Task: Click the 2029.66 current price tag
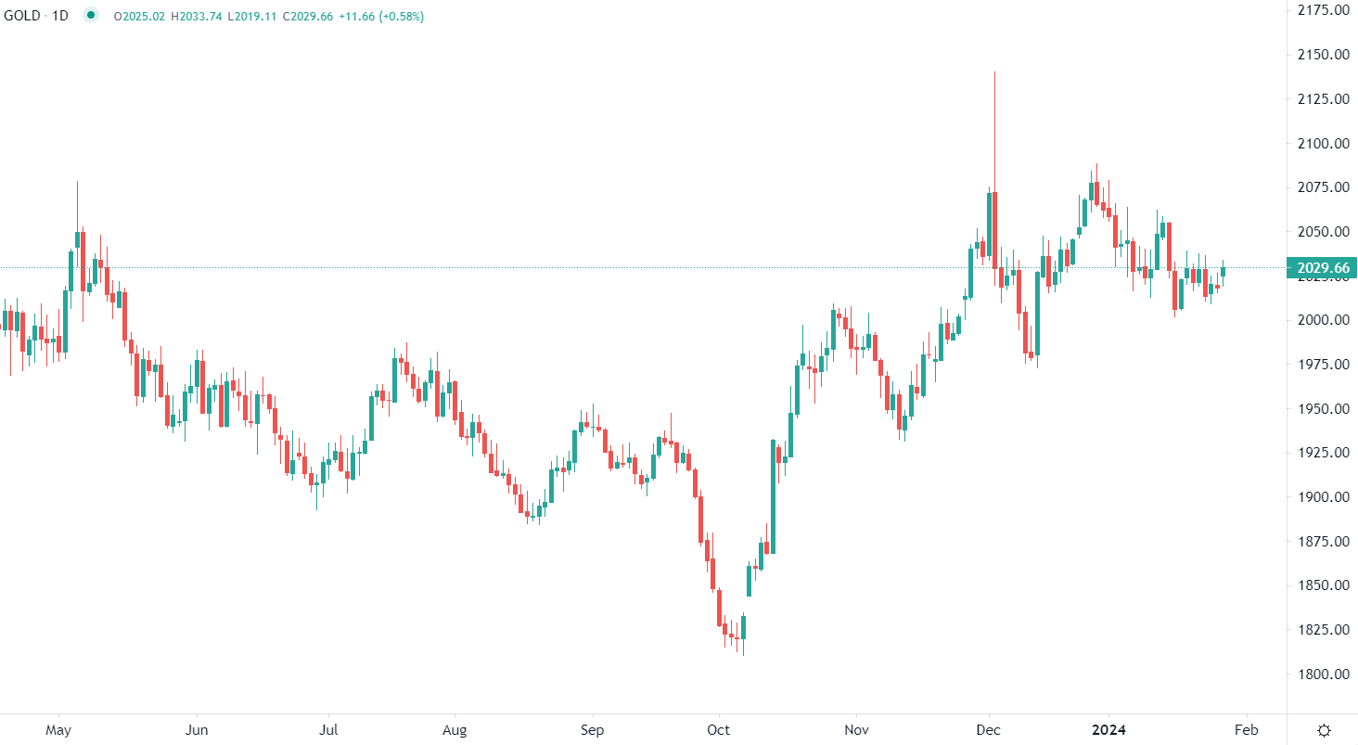coord(1324,268)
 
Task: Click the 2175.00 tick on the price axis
coord(1323,10)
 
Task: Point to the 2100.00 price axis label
coord(1323,143)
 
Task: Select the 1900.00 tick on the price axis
coord(1323,497)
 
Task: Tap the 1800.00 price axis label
coord(1323,674)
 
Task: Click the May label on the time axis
coord(58,730)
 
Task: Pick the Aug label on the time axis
coord(454,730)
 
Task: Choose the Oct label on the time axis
coord(719,730)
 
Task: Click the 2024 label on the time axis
coord(1109,730)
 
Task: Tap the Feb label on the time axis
coord(1247,730)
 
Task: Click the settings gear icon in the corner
coord(1325,730)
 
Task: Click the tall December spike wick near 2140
coord(994,121)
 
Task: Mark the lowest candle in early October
coord(743,631)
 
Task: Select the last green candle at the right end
coord(1223,271)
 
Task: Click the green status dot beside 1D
coord(90,16)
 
